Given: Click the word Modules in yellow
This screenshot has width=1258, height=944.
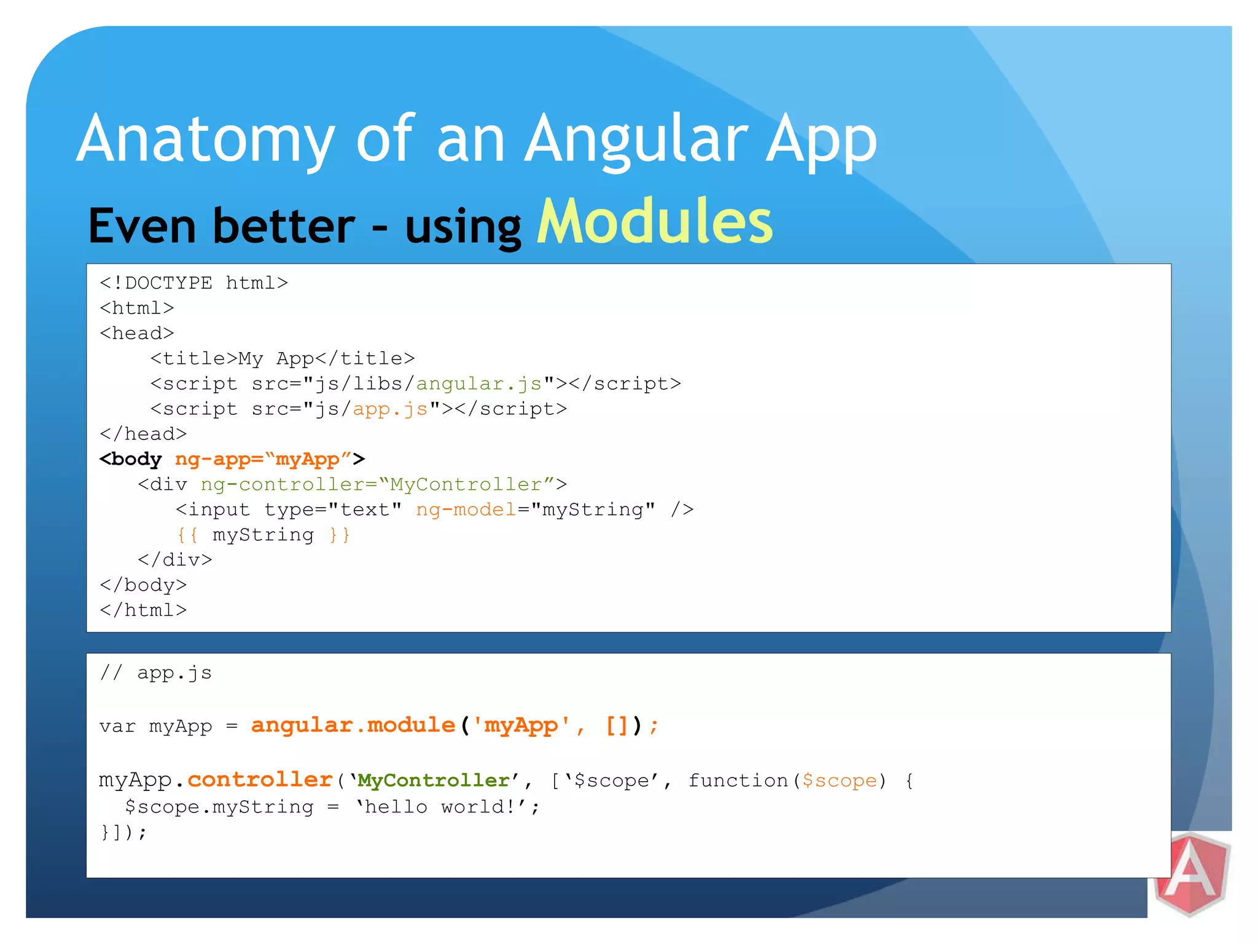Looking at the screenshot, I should [655, 222].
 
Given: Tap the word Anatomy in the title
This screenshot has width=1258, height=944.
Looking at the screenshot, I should [205, 140].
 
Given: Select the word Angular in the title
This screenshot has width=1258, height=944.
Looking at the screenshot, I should [636, 140].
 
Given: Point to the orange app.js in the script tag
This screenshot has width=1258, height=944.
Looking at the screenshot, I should [390, 409].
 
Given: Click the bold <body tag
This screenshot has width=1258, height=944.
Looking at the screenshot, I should [131, 459].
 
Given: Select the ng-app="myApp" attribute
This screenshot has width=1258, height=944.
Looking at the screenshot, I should [263, 459].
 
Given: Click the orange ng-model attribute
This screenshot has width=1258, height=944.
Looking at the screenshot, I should [466, 509].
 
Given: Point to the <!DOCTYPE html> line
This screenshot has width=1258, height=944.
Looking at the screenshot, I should [193, 283].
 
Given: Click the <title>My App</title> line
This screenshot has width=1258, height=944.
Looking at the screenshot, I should [283, 358].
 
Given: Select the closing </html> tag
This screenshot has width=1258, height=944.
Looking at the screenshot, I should [143, 610].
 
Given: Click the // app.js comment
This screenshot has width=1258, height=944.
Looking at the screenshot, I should [155, 673].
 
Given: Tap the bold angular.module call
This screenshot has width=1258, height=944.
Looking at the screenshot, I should [353, 726].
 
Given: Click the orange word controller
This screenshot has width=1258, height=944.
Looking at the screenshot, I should [260, 780].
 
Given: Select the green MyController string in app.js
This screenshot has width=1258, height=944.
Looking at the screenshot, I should [434, 781].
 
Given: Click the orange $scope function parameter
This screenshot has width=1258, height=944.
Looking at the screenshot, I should [840, 781].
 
